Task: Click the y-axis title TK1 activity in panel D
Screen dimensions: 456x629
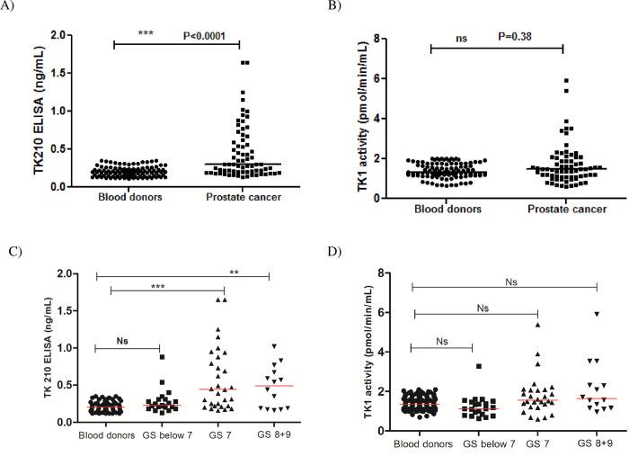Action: pos(353,346)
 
